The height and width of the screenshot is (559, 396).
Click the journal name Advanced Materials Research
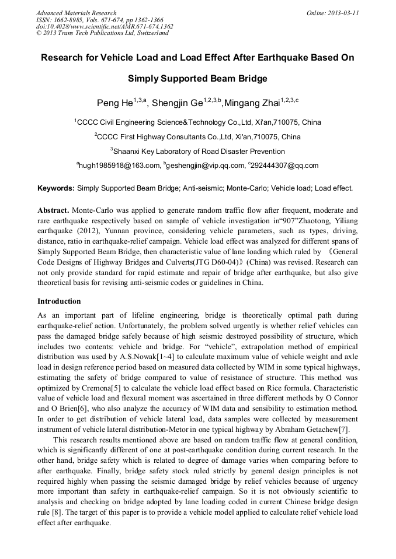point(76,13)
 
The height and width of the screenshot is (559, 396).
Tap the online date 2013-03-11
point(341,13)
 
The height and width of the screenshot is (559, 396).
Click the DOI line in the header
point(105,26)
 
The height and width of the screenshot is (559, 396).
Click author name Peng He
point(114,104)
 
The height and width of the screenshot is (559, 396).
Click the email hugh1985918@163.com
point(120,166)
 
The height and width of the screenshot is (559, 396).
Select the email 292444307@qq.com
point(285,166)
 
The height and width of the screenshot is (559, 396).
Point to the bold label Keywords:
point(56,189)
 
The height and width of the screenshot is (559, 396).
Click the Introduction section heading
point(59,301)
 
